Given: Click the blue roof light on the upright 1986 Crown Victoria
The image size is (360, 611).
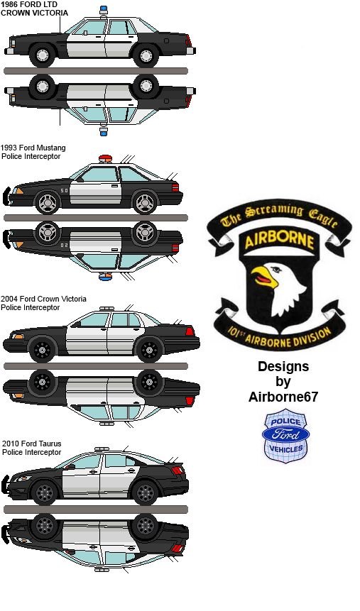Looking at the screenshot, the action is pyautogui.click(x=104, y=9).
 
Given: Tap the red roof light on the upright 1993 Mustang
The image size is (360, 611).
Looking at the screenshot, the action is pyautogui.click(x=104, y=158).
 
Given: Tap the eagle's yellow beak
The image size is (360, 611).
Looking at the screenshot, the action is pyautogui.click(x=263, y=276).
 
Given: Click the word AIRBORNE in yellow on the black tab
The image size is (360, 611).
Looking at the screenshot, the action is pyautogui.click(x=280, y=241).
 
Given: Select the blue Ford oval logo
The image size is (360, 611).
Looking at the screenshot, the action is pyautogui.click(x=286, y=434).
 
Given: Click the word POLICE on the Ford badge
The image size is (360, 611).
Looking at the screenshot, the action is pyautogui.click(x=286, y=422).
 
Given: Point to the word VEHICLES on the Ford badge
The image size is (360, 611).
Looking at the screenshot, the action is pyautogui.click(x=286, y=449).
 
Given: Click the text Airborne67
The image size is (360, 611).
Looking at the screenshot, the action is pyautogui.click(x=283, y=397).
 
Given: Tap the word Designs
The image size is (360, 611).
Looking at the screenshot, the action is pyautogui.click(x=283, y=367).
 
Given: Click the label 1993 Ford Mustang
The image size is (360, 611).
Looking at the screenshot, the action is pyautogui.click(x=33, y=148).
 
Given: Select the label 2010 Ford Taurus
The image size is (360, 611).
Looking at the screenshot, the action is pyautogui.click(x=32, y=444).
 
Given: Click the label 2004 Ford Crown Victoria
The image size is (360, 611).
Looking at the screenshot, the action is pyautogui.click(x=44, y=299).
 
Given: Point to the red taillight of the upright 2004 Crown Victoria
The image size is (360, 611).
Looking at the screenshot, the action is pyautogui.click(x=189, y=331).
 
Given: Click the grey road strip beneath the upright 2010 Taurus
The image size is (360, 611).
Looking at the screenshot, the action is pyautogui.click(x=96, y=510).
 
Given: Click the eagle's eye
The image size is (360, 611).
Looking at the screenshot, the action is pyautogui.click(x=276, y=269).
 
